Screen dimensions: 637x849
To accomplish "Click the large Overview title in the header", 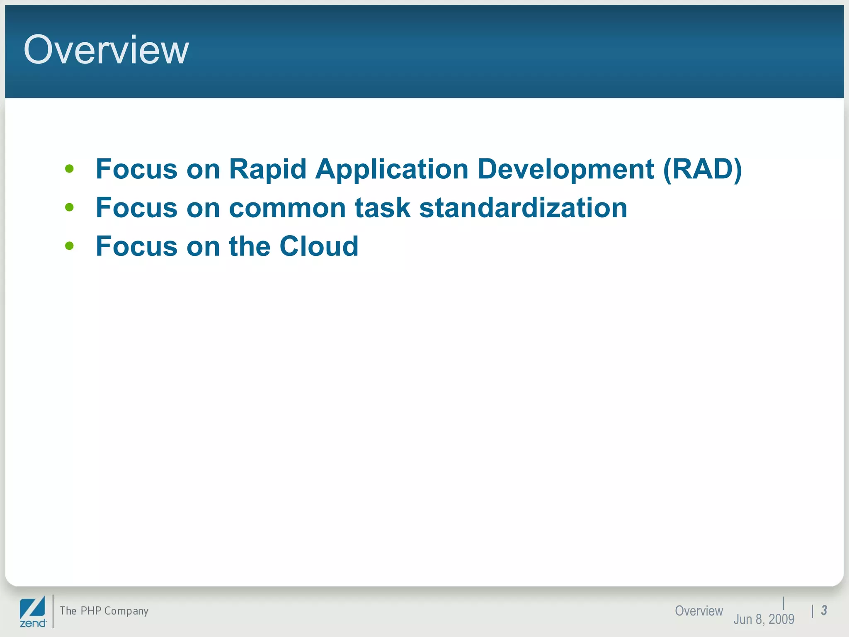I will (x=106, y=50).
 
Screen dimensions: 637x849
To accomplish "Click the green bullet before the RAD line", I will (x=69, y=169).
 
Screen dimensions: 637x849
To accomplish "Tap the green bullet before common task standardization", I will (x=69, y=207).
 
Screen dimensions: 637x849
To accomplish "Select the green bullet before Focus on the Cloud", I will (x=69, y=246).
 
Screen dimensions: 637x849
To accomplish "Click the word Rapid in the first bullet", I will (x=267, y=169).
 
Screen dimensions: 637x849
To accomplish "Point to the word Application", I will (x=392, y=169).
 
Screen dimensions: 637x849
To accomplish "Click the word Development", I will (x=566, y=169).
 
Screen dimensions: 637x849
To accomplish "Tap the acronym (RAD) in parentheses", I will (x=703, y=169).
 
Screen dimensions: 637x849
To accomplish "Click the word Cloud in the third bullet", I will (x=319, y=246).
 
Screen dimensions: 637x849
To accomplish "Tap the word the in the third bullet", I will (x=250, y=246).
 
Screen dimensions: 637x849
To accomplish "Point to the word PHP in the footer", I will (x=91, y=610).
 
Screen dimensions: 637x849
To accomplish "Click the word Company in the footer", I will (x=126, y=611).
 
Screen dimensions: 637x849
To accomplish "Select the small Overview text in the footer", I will (x=699, y=610).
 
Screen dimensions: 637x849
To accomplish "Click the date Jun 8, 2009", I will (x=764, y=619).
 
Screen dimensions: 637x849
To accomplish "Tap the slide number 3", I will (x=824, y=610).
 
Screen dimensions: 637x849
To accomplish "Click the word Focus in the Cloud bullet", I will (x=136, y=246).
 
